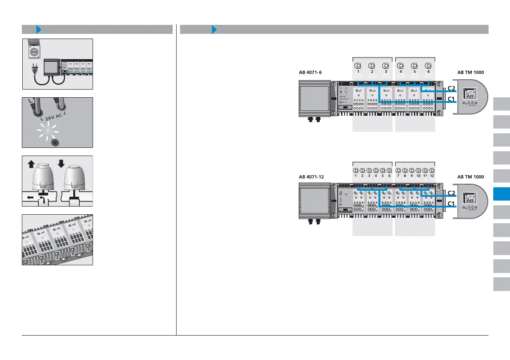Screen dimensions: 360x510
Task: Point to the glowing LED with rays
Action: coord(48,131)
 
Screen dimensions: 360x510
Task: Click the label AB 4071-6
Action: coord(310,73)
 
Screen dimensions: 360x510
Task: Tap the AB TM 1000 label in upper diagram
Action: coord(471,73)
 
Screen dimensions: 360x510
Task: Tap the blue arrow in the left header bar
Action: coord(39,29)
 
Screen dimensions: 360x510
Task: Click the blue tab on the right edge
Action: coord(501,194)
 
